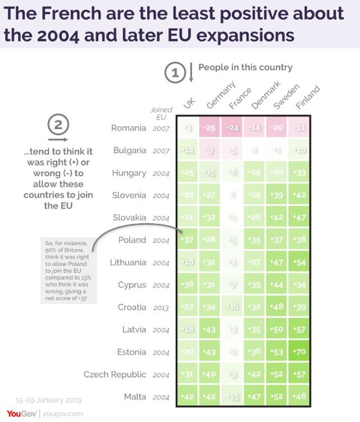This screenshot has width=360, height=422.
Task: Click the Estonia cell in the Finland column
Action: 299,352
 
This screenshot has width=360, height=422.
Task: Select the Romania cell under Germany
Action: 210,128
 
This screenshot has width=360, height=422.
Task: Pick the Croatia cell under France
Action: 232,307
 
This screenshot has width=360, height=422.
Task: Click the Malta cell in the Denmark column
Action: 255,397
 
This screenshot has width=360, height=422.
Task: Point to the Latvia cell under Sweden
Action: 277,330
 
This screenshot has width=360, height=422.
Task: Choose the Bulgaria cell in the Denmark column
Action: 255,150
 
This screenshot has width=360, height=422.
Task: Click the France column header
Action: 239,98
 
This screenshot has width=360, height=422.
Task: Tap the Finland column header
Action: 307,97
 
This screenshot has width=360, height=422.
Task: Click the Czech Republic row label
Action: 115,375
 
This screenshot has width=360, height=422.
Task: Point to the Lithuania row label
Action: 128,262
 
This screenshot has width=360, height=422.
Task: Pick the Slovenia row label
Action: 129,195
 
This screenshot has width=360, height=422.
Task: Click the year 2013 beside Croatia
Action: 161,308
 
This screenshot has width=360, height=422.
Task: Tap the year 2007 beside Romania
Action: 161,128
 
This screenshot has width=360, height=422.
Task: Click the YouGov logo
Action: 21,413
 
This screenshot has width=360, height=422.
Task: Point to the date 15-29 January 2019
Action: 48,400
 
